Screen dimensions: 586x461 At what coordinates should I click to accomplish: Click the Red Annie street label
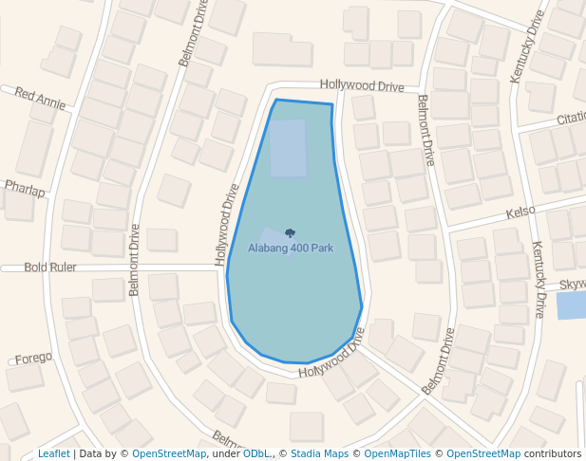[40, 99]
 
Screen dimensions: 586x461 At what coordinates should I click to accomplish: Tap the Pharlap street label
[25, 188]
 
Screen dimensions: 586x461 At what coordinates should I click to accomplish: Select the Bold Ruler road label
[50, 267]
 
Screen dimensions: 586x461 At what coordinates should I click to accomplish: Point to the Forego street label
[33, 358]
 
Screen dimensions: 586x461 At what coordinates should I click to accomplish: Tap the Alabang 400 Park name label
[291, 249]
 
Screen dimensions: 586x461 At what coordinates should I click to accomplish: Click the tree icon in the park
[290, 233]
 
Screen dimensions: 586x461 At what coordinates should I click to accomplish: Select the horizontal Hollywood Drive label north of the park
[362, 85]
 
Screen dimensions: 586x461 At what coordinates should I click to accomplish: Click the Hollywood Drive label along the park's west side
[226, 224]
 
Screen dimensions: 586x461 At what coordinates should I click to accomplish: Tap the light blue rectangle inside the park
[288, 148]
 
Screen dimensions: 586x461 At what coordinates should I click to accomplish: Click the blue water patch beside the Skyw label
[570, 305]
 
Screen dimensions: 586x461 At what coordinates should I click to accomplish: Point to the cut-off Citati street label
[571, 120]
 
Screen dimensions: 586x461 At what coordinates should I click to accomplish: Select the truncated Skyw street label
[572, 285]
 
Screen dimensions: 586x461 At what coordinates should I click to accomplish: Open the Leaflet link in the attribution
[53, 453]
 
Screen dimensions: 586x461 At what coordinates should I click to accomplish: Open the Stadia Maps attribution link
[319, 453]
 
